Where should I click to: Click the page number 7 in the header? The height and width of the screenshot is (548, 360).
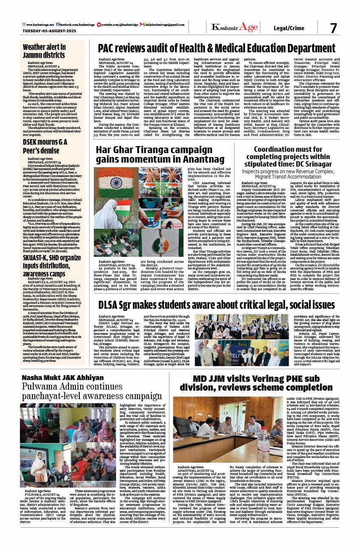coord(334,28)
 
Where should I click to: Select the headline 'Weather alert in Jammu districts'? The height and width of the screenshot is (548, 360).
coord(44,51)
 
